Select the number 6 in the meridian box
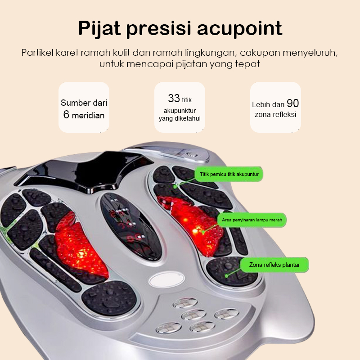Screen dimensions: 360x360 click(66, 115)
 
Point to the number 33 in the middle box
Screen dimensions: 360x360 click(174, 99)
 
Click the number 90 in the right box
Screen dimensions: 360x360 click(292, 103)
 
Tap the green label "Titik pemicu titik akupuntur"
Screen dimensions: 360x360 click(229, 173)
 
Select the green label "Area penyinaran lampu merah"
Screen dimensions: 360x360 click(253, 220)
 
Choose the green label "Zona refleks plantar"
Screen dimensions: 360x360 click(274, 265)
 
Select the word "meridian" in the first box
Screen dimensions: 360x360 click(88, 116)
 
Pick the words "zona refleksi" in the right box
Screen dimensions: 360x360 click(275, 115)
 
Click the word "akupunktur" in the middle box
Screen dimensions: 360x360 click(180, 110)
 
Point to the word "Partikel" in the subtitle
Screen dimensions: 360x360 click(38, 52)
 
